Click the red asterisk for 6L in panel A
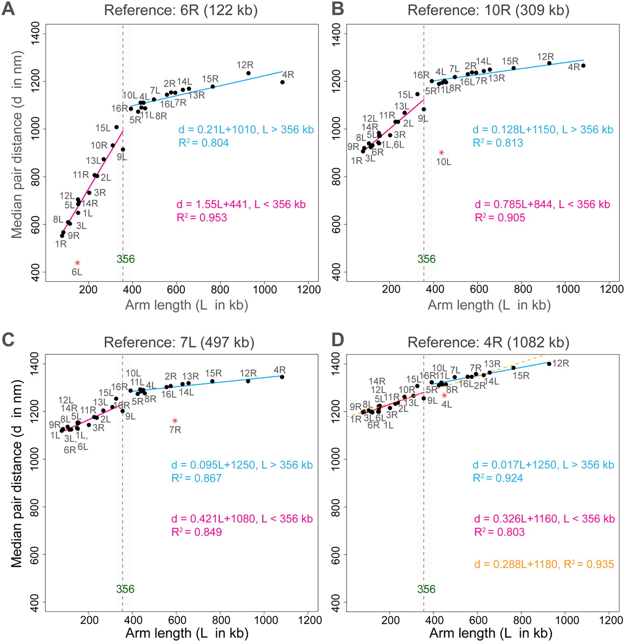click(77, 263)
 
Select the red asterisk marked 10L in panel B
click(441, 152)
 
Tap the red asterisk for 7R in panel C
click(175, 420)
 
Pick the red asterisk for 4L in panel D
click(444, 395)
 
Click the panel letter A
click(9, 10)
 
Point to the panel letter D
click(338, 340)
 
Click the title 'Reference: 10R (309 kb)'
click(488, 11)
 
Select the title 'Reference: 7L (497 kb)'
click(179, 343)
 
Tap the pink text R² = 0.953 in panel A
click(202, 218)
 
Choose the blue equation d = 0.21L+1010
click(246, 130)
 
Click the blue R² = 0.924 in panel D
click(498, 478)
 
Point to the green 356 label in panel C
click(125, 589)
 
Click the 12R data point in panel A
click(248, 73)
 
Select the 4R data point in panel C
click(282, 377)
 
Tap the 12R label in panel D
click(560, 363)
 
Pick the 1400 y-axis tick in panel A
click(36, 34)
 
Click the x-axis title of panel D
click(491, 633)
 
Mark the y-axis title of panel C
click(18, 473)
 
